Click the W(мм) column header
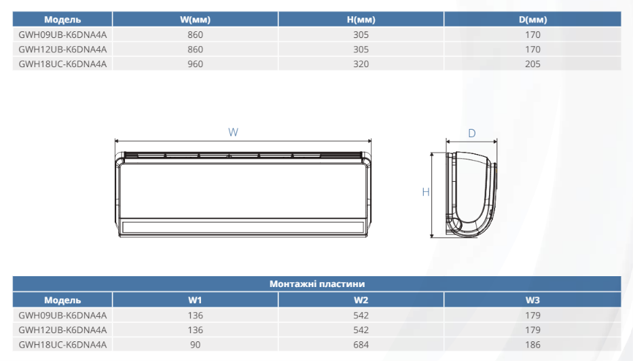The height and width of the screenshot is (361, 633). click(x=195, y=20)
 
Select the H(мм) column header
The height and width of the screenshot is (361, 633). click(x=361, y=20)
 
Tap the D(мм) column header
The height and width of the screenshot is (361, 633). click(x=532, y=20)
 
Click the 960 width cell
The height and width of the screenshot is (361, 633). click(x=195, y=64)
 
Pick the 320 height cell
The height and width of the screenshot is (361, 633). click(x=361, y=64)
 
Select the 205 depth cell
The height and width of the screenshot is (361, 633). click(x=532, y=64)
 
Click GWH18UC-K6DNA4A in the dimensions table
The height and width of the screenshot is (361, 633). click(x=62, y=64)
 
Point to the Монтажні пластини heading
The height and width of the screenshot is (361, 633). click(x=317, y=284)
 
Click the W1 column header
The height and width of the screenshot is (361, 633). click(x=195, y=300)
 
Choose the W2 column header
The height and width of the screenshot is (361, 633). click(x=361, y=300)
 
